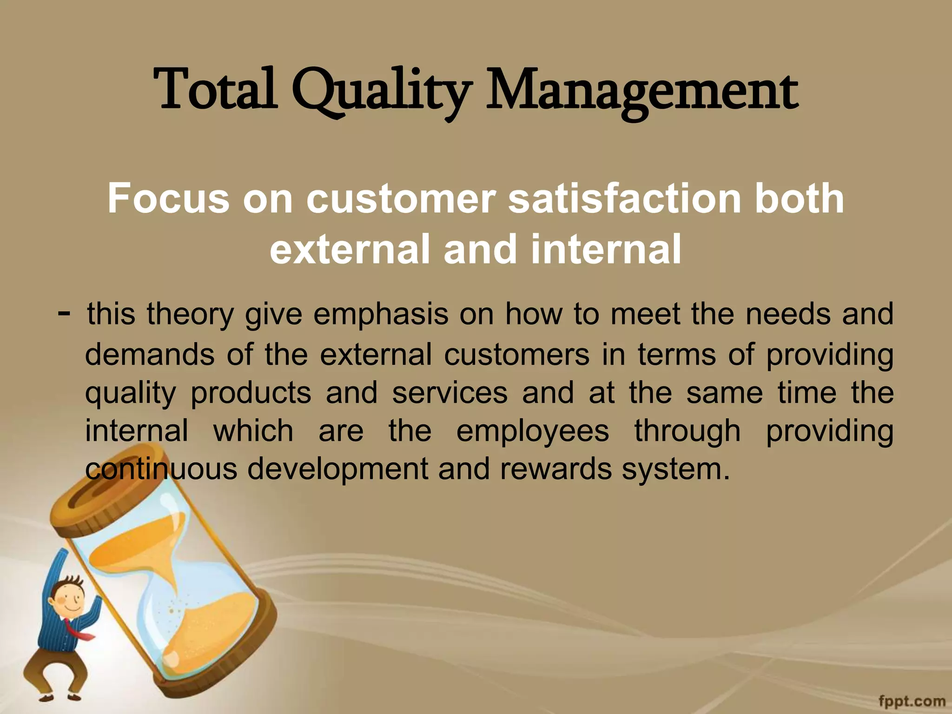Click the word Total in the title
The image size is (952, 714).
(216, 90)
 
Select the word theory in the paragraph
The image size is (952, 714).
(190, 315)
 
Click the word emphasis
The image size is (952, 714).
(381, 314)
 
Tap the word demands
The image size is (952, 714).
(150, 354)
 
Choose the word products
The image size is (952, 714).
(251, 393)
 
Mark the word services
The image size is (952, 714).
(450, 393)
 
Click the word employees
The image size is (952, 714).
(532, 431)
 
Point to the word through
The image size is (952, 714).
(688, 431)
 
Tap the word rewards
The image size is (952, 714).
(556, 469)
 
